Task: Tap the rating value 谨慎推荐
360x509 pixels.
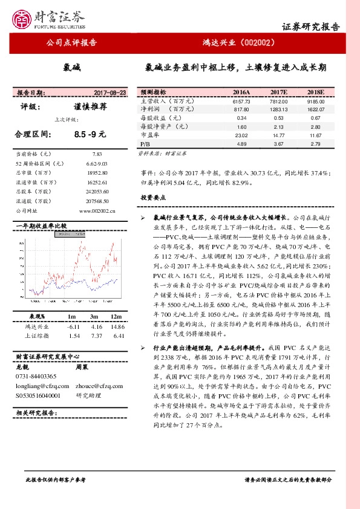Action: [x=90, y=106]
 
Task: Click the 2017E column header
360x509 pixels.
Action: [x=279, y=92]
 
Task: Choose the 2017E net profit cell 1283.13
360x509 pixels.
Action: [x=279, y=109]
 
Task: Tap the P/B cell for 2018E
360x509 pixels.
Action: [x=315, y=145]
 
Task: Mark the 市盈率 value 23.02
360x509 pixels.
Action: [x=241, y=137]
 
